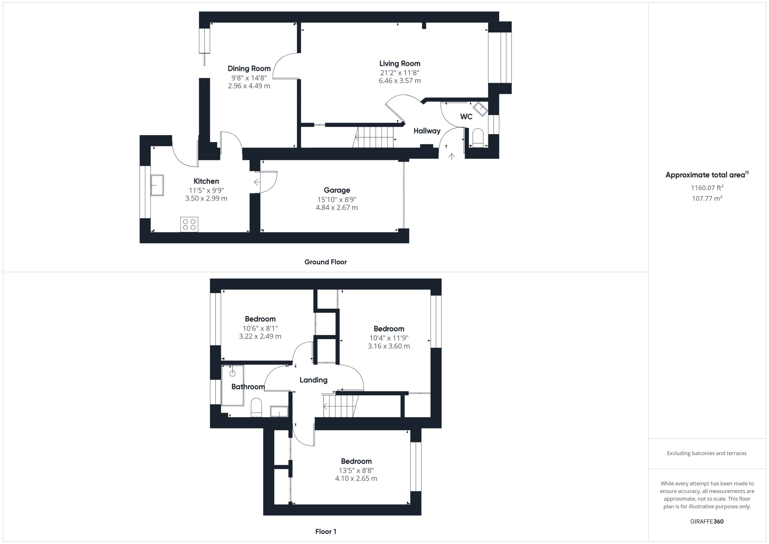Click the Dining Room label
click(249, 69)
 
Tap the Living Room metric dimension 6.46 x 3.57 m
click(400, 81)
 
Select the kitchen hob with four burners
click(189, 224)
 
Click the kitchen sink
click(157, 185)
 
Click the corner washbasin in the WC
click(480, 109)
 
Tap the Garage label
click(337, 190)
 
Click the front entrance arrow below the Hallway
click(451, 156)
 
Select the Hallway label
click(427, 131)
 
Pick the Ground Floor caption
click(325, 262)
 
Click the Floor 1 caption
click(326, 531)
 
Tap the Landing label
click(313, 380)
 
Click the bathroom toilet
click(256, 407)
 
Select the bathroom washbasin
click(279, 411)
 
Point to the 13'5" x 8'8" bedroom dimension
click(356, 470)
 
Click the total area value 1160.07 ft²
click(707, 187)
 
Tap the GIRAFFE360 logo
click(707, 521)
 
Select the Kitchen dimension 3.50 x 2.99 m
click(206, 198)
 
